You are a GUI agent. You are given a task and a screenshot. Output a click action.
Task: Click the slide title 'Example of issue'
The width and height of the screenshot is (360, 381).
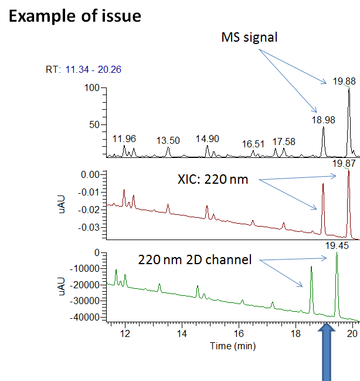pos(75,16)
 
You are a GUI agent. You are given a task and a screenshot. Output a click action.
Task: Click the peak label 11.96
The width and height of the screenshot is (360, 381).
pos(124,139)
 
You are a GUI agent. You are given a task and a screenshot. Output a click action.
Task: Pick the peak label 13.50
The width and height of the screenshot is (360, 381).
pos(168,140)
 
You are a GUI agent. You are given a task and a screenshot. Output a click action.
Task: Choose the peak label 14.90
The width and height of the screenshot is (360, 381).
pos(208,139)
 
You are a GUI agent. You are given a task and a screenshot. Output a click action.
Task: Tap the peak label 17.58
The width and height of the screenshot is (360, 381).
pos(284,141)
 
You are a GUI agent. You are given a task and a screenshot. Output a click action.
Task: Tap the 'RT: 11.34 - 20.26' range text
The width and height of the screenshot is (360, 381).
pos(83,69)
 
